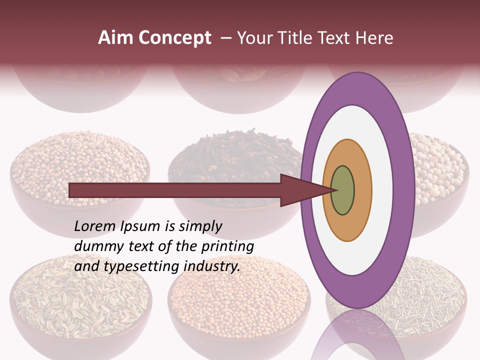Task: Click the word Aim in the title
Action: [115, 38]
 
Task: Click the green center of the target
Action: [343, 190]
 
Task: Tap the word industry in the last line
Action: [212, 266]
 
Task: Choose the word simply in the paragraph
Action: [199, 227]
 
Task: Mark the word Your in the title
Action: [252, 38]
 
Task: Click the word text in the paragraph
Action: [141, 246]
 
